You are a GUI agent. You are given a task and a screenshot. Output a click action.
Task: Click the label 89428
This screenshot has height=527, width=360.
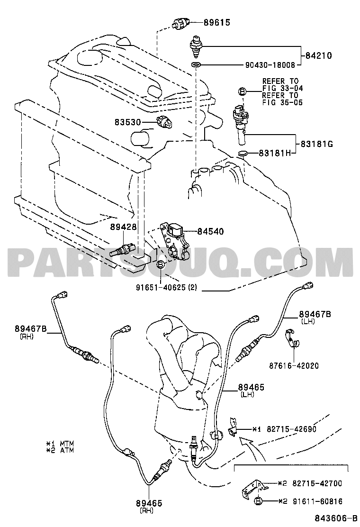point(124,227)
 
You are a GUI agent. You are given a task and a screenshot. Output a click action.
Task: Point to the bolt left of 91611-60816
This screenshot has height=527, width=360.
point(259,501)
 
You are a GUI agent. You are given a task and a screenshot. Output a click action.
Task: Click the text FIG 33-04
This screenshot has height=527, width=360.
point(282,88)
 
